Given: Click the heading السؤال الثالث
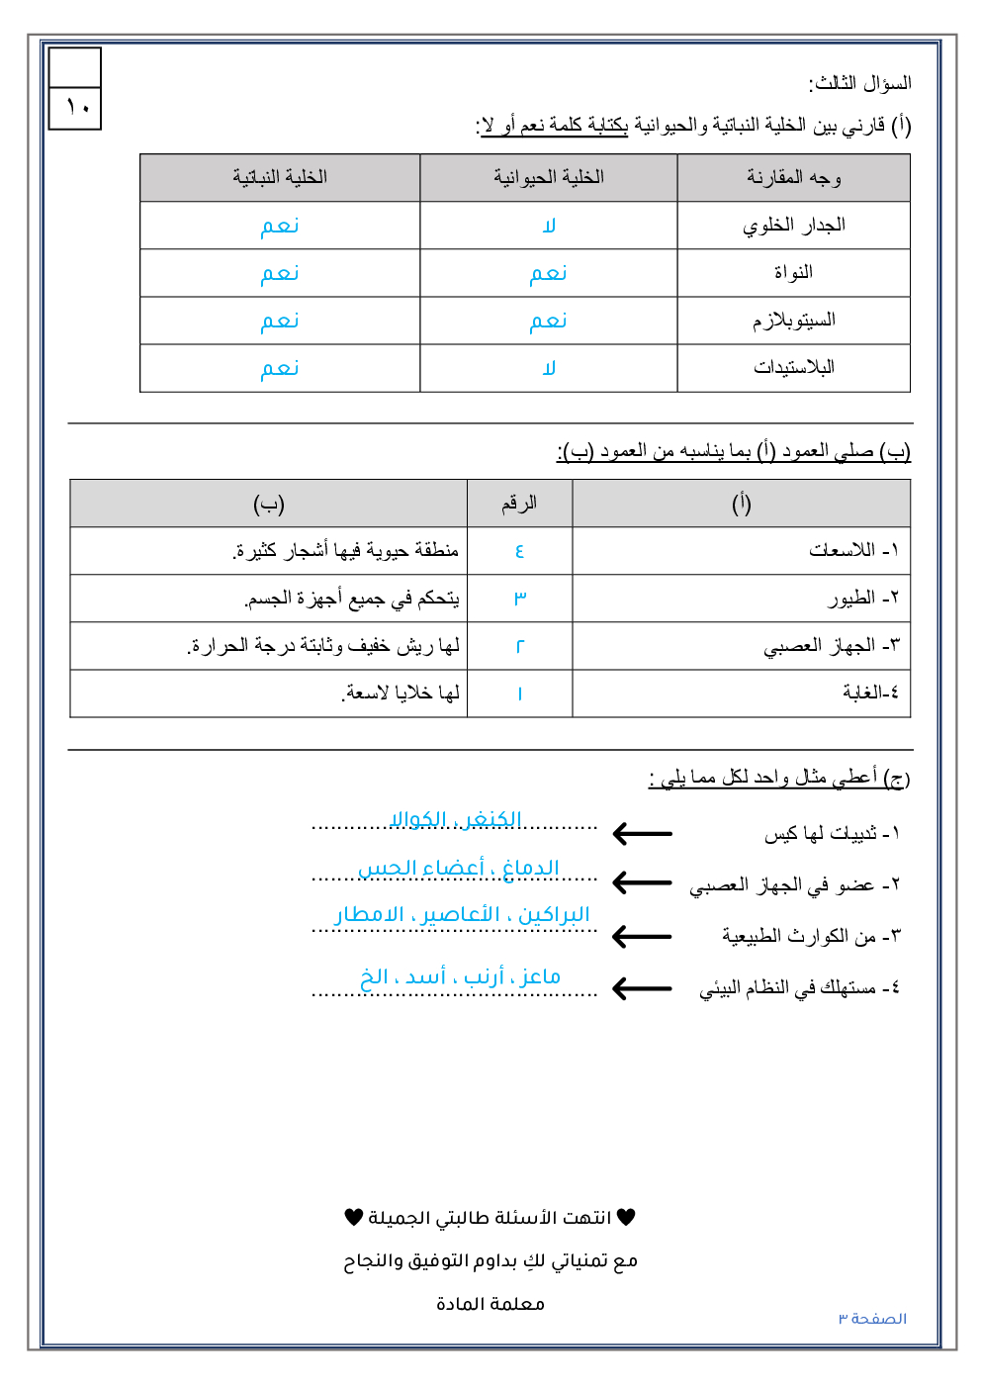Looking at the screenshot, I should click(x=859, y=83).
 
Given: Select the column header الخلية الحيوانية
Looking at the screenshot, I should click(x=549, y=177).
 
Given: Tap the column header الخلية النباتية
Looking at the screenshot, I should click(x=280, y=177).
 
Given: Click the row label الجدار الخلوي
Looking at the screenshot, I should click(x=793, y=226).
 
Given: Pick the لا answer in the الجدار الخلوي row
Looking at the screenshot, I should click(x=549, y=226).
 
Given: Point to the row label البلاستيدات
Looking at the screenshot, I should click(x=793, y=368).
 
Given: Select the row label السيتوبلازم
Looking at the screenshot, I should click(x=793, y=321).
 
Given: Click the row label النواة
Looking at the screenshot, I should click(x=793, y=273).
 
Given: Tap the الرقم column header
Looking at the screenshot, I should click(x=519, y=504).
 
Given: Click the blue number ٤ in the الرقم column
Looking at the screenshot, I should click(x=519, y=551).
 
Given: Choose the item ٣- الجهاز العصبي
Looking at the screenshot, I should click(x=831, y=646).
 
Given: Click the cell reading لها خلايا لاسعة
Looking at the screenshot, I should click(x=401, y=694).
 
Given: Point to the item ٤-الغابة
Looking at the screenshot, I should click(x=870, y=693).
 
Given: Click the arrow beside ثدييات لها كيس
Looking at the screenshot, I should click(x=642, y=834).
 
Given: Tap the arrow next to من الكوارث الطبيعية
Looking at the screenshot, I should click(x=642, y=936).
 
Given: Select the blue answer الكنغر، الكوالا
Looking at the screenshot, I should click(x=456, y=819).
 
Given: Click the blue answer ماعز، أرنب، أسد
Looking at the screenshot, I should click(x=460, y=977).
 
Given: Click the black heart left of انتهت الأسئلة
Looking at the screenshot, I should click(x=354, y=1217).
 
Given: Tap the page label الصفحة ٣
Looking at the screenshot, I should click(x=872, y=1319).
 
